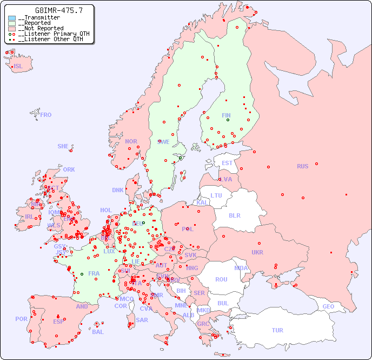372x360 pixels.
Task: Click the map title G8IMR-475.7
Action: tap(51, 10)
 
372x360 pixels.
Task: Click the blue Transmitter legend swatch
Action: tap(12, 18)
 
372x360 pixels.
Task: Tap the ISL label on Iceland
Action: tap(18, 67)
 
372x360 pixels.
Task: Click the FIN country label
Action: tap(226, 115)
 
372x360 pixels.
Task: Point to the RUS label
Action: tap(302, 166)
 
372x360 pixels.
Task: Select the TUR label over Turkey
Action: tap(277, 330)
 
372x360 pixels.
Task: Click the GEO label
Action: tap(328, 306)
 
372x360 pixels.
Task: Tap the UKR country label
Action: tap(257, 252)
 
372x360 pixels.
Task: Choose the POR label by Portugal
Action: tap(21, 319)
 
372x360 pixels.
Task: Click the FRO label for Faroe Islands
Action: tap(46, 115)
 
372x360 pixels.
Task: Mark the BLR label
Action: tap(234, 215)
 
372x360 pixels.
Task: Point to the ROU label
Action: tap(221, 279)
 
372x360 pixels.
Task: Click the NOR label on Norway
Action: tap(131, 141)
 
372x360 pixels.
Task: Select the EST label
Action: tap(227, 163)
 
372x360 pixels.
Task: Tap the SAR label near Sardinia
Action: tap(142, 320)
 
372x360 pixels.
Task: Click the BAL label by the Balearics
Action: tap(97, 332)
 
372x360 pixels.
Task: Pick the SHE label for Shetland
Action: tap(63, 146)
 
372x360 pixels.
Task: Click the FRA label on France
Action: tap(94, 273)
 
